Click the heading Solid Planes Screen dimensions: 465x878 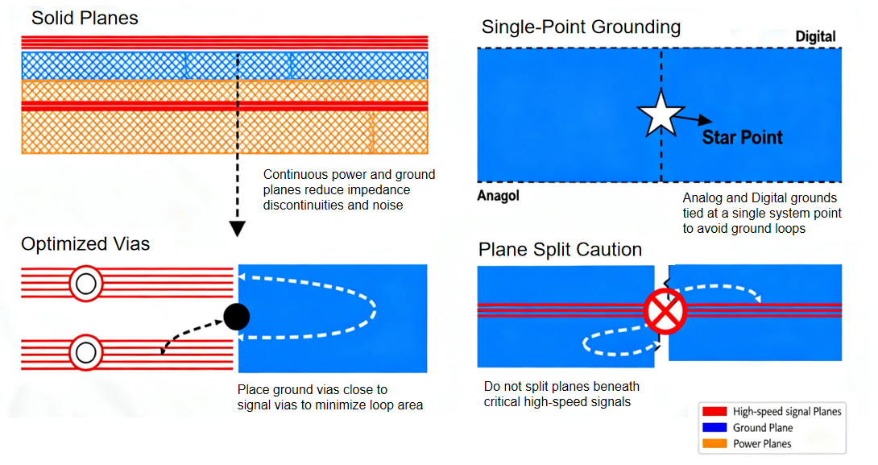85,18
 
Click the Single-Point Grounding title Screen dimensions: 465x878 581,27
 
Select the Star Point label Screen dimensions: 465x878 742,137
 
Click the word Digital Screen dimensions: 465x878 815,37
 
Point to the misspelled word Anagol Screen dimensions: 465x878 499,196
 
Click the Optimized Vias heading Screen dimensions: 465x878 85,244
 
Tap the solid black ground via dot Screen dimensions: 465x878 236,318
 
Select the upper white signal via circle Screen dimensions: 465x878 85,283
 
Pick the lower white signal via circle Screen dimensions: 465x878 85,352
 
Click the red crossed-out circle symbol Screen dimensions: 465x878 665,311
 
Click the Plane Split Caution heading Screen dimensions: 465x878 560,250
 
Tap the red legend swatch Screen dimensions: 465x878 714,412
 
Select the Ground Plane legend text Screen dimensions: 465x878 762,428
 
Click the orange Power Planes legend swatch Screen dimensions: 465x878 714,443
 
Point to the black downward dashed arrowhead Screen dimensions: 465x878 237,229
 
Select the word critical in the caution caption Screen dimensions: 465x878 505,401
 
